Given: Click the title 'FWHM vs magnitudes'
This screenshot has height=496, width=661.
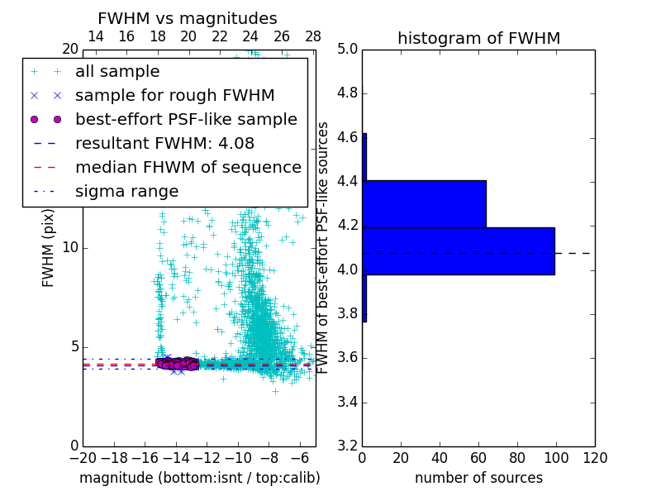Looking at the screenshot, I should tap(188, 18).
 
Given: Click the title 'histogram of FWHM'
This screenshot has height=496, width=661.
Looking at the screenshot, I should tap(478, 38).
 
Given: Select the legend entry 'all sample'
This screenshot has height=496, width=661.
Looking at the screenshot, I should tap(117, 72).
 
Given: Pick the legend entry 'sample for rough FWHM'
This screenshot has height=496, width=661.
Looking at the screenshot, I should tap(174, 95).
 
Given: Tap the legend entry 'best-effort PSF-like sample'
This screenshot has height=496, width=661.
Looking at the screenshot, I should tap(186, 119).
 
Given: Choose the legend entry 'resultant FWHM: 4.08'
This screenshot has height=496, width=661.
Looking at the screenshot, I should tap(164, 143).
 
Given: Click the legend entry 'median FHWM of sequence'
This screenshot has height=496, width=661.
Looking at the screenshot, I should tap(188, 167).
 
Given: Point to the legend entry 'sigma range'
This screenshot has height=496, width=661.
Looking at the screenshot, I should tap(126, 191).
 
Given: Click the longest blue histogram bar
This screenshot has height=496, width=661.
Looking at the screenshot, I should tap(459, 250).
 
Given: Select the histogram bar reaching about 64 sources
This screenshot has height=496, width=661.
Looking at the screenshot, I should tap(424, 203).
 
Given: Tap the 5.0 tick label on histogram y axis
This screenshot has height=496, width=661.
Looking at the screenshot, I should tap(347, 49).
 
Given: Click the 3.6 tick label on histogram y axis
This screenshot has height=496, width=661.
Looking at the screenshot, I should tap(347, 357).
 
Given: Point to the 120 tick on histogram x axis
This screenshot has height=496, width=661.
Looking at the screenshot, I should tap(594, 458).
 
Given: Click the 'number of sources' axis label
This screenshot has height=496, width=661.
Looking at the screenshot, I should tap(478, 478).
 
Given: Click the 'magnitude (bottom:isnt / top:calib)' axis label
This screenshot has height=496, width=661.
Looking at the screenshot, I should tap(199, 478).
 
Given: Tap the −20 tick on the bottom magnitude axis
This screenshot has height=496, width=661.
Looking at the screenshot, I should tap(83, 458).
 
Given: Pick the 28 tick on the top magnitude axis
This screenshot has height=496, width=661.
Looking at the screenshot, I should tap(313, 36).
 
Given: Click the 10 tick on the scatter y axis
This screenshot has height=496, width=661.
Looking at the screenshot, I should tap(69, 247).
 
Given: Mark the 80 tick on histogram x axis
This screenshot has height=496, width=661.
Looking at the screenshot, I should tap(517, 458).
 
